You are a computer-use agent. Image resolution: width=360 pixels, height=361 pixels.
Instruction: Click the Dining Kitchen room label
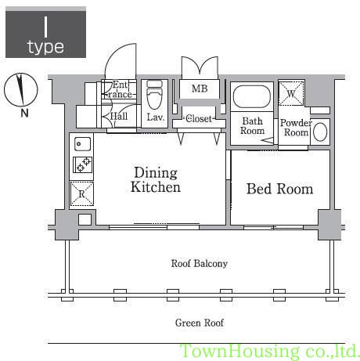[x=156, y=180]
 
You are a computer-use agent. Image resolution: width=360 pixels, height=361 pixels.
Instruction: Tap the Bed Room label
[x=279, y=189]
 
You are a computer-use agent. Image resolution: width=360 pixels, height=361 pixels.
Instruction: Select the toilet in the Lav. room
[x=154, y=95]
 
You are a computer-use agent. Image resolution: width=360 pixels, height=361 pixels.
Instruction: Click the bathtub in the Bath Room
[x=252, y=96]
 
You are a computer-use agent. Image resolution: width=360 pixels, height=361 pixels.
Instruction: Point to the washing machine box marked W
[x=291, y=93]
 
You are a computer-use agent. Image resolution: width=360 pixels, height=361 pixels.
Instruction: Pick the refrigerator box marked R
[x=81, y=193]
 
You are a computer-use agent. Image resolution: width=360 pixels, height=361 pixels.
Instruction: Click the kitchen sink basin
[x=82, y=144]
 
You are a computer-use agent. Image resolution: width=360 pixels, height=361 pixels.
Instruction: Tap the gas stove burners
[x=82, y=164]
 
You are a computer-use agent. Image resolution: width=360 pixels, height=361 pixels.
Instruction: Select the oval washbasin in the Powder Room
[x=320, y=132]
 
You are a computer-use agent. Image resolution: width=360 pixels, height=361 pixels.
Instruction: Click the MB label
[x=200, y=88]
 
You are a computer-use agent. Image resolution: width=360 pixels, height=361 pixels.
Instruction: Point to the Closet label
[x=199, y=119]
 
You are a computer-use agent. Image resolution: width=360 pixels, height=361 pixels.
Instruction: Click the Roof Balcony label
[x=200, y=263]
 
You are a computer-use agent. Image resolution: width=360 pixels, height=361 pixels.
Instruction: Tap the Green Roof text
[x=200, y=323]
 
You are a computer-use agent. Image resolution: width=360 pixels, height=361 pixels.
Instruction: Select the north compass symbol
[x=21, y=89]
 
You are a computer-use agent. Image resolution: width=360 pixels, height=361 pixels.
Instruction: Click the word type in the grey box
[x=45, y=47]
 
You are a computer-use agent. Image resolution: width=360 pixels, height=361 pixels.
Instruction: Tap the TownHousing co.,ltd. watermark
[x=270, y=352]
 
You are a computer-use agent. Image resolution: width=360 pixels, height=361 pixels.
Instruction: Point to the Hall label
[x=119, y=116]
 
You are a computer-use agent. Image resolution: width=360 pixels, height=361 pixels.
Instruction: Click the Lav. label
[x=156, y=117]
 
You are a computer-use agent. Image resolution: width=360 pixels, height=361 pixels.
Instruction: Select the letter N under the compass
[x=24, y=113]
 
